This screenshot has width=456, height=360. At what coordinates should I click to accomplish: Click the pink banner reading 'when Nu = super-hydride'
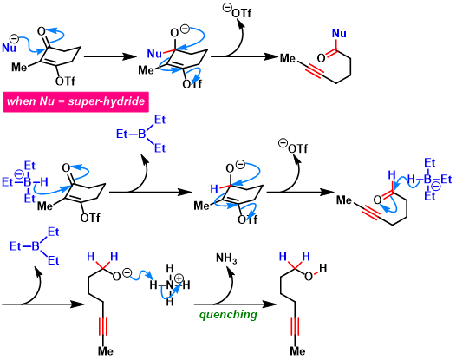pyautogui.click(x=76, y=101)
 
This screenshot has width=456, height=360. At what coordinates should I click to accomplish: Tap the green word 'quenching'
pyautogui.click(x=228, y=315)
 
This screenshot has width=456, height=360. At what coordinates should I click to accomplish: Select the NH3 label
pyautogui.click(x=226, y=259)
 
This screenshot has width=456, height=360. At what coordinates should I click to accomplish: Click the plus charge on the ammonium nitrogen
pyautogui.click(x=179, y=278)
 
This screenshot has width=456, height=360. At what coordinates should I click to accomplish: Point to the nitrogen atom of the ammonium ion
pyautogui.click(x=170, y=285)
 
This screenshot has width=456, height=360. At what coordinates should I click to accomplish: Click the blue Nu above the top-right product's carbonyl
pyautogui.click(x=339, y=34)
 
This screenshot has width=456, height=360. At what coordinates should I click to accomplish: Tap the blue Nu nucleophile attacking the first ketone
pyautogui.click(x=9, y=48)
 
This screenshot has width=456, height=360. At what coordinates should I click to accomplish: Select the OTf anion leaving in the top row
pyautogui.click(x=237, y=12)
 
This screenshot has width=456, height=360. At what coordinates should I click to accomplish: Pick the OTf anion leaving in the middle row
pyautogui.click(x=293, y=147)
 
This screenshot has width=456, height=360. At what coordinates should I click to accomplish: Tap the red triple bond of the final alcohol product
pyautogui.click(x=295, y=326)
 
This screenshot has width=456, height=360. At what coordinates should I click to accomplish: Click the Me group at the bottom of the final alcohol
pyautogui.click(x=297, y=351)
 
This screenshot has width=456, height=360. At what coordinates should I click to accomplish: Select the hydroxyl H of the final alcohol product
pyautogui.click(x=322, y=268)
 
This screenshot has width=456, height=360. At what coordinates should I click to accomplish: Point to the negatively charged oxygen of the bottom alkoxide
pyautogui.click(x=116, y=276)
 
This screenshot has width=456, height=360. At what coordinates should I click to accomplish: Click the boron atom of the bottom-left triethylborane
pyautogui.click(x=36, y=246)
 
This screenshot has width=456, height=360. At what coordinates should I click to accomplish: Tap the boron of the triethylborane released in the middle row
pyautogui.click(x=141, y=134)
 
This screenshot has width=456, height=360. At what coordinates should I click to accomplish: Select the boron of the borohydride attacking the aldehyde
pyautogui.click(x=427, y=180)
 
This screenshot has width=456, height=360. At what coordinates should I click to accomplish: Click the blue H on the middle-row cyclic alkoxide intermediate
pyautogui.click(x=214, y=189)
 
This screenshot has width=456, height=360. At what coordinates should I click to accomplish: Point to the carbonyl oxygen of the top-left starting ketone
pyautogui.click(x=42, y=31)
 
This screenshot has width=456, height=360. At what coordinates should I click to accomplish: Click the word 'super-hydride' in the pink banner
pyautogui.click(x=107, y=101)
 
